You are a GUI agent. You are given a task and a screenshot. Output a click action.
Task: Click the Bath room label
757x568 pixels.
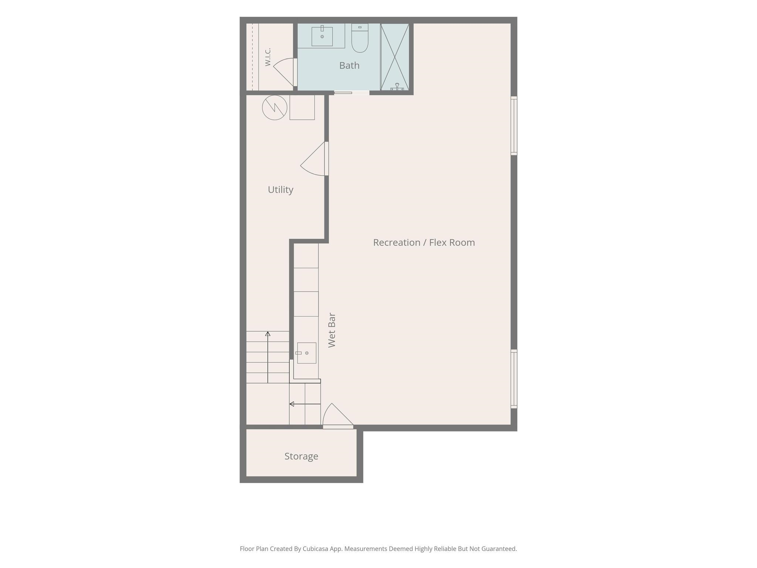tap(349, 65)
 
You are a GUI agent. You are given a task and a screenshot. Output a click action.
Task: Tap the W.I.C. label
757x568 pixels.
tap(268, 57)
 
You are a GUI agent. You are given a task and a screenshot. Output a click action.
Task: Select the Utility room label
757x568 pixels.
tap(281, 190)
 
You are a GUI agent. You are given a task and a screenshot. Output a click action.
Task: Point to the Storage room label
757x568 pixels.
tap(301, 456)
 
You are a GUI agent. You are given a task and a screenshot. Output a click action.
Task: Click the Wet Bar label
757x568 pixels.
tap(332, 330)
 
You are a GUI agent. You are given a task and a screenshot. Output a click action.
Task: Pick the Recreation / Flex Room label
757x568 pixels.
tap(424, 243)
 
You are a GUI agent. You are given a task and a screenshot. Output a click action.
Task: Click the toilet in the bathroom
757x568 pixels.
tap(360, 38)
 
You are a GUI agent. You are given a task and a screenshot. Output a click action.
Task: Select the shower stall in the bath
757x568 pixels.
tap(395, 57)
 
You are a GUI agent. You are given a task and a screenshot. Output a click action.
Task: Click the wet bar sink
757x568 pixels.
tap(306, 353)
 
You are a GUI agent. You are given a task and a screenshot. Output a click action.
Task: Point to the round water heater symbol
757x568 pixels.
tap(275, 108)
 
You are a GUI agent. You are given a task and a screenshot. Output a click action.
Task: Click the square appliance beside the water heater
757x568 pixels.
tap(302, 107)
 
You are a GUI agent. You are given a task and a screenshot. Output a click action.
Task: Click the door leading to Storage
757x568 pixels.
tap(338, 416)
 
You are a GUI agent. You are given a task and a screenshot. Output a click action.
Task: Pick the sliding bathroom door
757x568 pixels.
tap(352, 93)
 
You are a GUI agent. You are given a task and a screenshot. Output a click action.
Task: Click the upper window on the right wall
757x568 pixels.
tap(514, 125)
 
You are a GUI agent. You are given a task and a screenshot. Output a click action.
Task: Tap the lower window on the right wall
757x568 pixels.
tap(514, 379)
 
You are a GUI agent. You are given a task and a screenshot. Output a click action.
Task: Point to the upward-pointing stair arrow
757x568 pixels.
tap(268, 357)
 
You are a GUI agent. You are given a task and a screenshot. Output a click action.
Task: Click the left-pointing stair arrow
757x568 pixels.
tap(305, 404)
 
